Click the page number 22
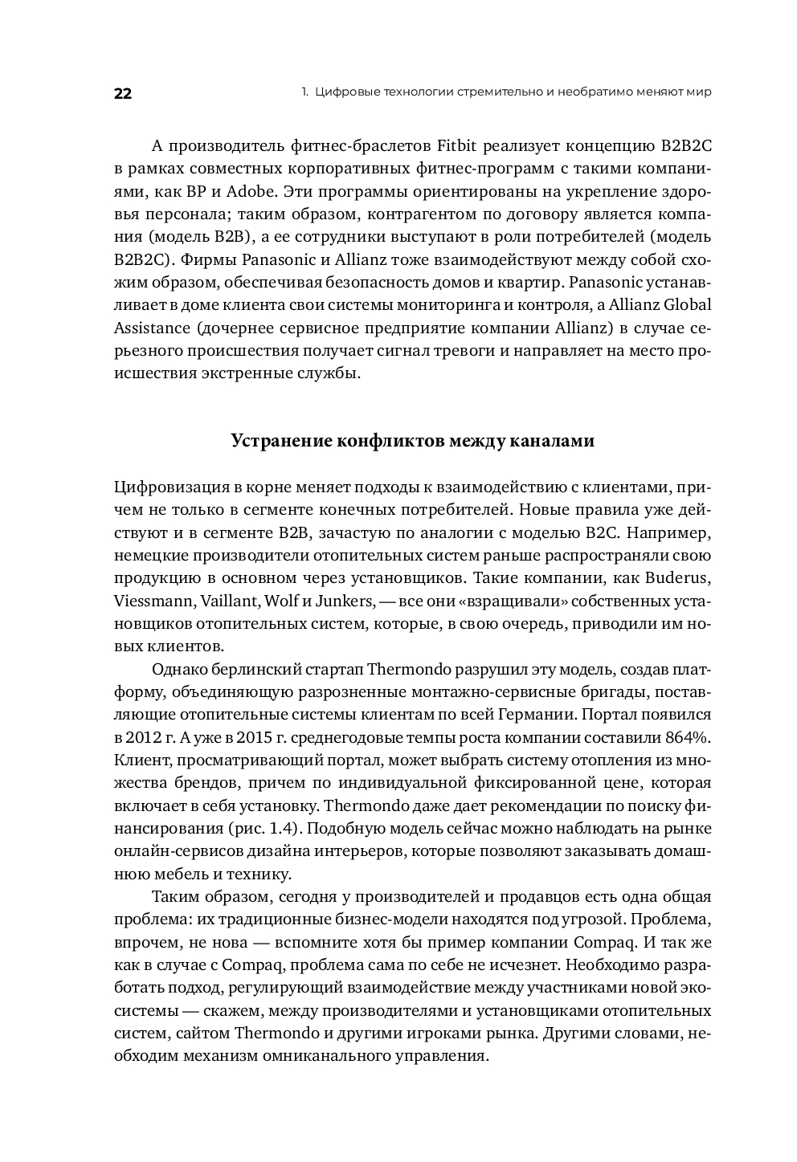point(122,93)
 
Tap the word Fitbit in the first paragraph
point(460,146)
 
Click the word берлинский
point(246,669)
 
